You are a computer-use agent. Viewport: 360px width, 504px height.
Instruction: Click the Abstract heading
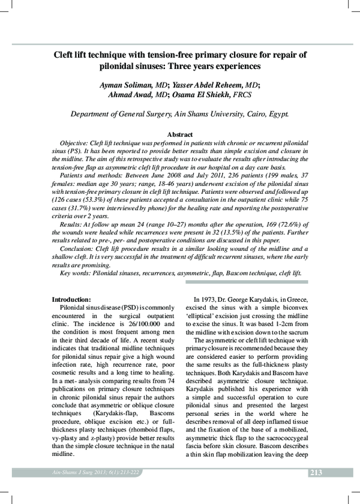pos(179,135)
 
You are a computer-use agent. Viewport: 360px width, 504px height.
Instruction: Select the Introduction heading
pos(71,299)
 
